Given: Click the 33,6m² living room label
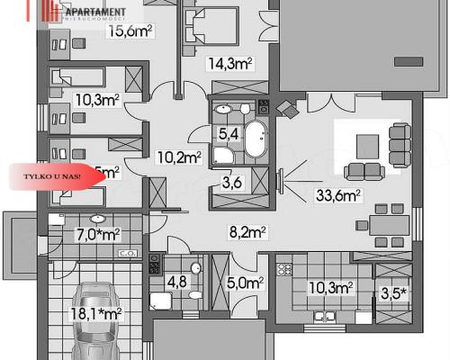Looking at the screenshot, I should click(337, 193).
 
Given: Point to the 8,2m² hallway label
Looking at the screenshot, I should click(246, 233).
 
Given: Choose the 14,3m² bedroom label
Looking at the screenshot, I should click(229, 63).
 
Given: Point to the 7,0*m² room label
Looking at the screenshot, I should click(97, 236).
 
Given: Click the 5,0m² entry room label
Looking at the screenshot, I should click(244, 283).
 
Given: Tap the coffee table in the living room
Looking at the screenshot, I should click(367, 144).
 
